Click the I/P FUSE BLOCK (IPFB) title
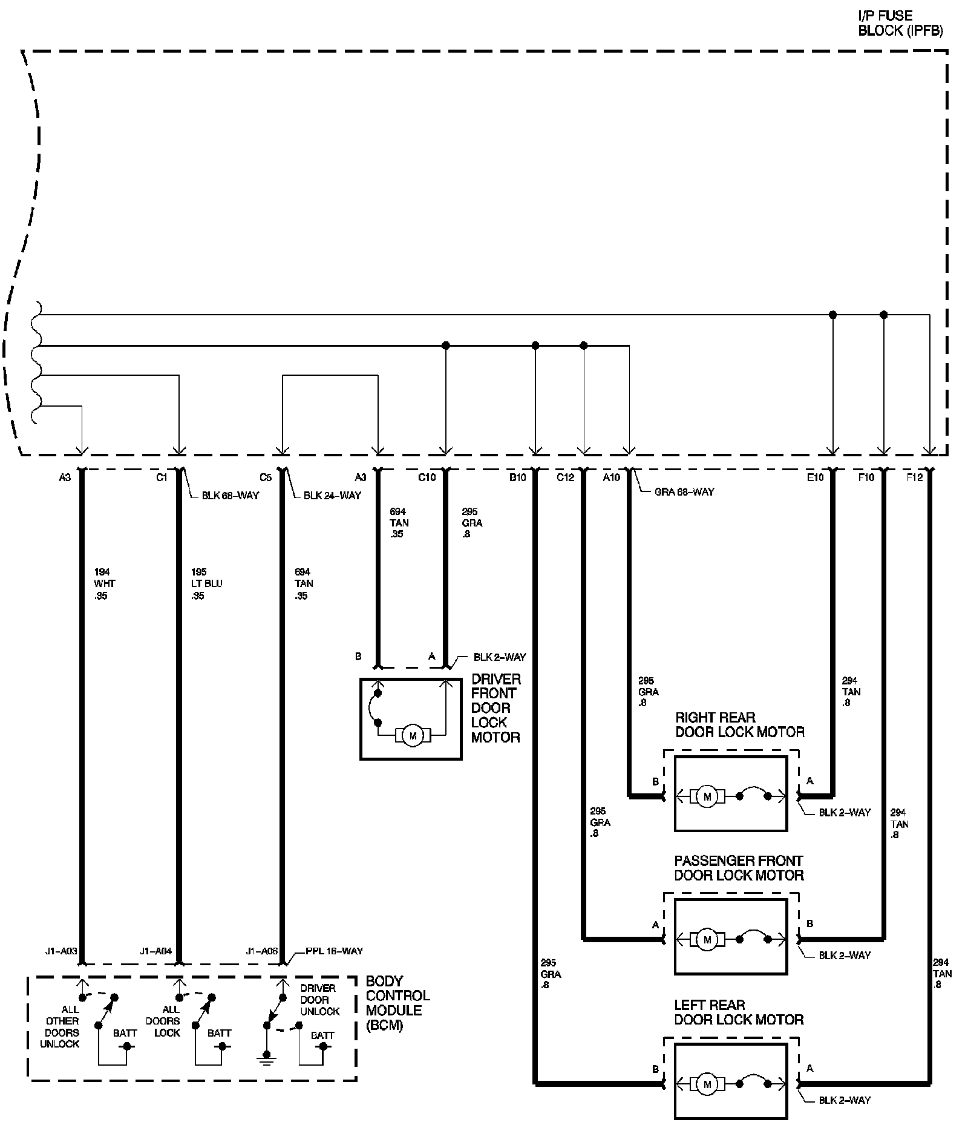point(900,23)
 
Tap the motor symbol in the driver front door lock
point(413,736)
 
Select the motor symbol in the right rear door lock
point(707,796)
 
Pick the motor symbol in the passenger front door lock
point(707,940)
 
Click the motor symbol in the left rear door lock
point(707,1084)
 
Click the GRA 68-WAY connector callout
point(684,492)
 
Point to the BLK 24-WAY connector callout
point(332,496)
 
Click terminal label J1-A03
point(61,951)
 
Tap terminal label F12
point(914,477)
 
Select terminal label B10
point(517,477)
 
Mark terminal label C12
point(565,477)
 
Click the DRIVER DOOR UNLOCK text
point(319,1000)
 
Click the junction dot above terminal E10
point(832,315)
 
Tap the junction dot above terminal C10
point(446,346)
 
